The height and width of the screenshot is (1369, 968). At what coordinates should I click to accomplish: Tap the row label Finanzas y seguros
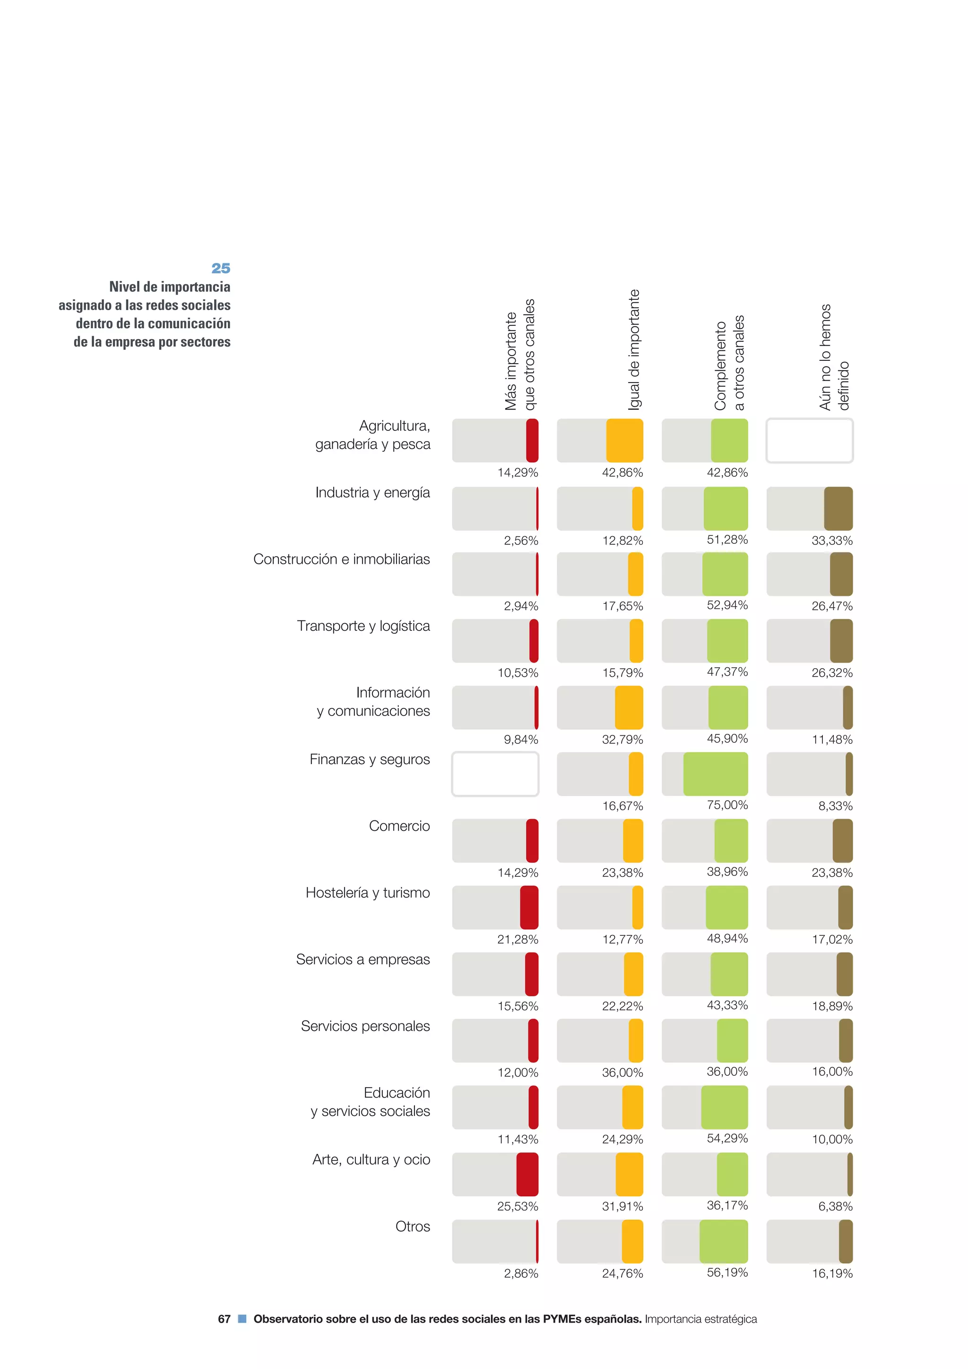tap(370, 759)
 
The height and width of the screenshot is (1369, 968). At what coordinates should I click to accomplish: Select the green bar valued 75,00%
tap(715, 774)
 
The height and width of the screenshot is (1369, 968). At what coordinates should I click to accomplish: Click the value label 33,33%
tap(831, 541)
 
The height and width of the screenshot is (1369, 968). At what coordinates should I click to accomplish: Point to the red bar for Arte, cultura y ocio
tap(527, 1174)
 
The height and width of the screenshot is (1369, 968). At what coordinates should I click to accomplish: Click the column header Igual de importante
tap(634, 350)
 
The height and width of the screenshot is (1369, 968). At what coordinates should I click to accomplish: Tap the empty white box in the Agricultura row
tap(810, 441)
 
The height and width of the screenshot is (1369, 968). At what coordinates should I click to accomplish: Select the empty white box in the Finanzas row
tap(495, 774)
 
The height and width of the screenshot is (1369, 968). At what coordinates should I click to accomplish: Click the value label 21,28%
tap(518, 939)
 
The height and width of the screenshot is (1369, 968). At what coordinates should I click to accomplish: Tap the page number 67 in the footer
tap(224, 1319)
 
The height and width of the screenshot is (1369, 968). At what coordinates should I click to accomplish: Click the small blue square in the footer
tap(242, 1318)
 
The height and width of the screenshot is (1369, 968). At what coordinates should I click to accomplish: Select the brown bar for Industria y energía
tap(838, 509)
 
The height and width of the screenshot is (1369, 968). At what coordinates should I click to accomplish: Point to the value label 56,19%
tap(727, 1273)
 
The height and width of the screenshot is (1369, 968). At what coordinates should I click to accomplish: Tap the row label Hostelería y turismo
tap(367, 893)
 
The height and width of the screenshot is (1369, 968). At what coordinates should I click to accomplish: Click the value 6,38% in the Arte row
tap(835, 1206)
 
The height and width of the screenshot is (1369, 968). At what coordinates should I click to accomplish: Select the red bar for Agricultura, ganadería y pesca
tap(532, 441)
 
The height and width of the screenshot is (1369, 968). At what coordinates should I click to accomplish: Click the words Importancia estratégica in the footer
tap(700, 1319)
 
